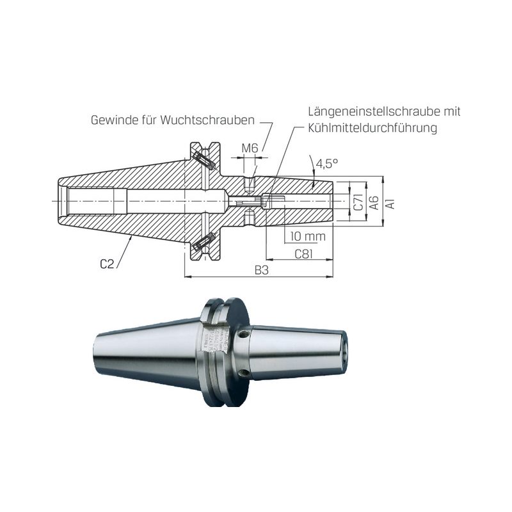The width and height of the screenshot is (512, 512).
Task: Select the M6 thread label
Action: [x=250, y=148]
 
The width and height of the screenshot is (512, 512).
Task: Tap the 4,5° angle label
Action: [x=326, y=163]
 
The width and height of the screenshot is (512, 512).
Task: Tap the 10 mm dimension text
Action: [x=308, y=236]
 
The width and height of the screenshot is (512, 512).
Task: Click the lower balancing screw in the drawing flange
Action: [x=204, y=242]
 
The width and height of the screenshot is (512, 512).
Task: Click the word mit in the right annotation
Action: [x=451, y=111]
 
